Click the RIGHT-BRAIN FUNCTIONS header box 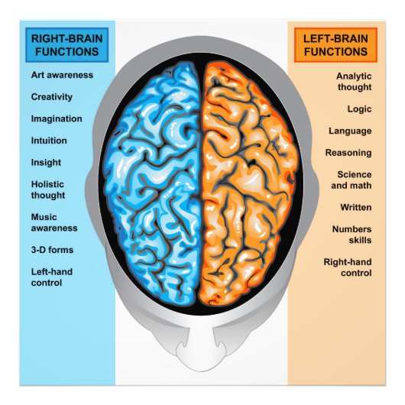coord(66,44)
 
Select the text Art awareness coord(62,75)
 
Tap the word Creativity coord(52,97)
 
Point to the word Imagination coord(57,119)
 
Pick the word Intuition coord(49,141)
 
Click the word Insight coord(46,163)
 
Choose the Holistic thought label coord(48,190)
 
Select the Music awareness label coord(54,222)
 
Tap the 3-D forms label coord(52,249)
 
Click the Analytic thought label coord(354,82)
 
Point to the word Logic coord(359,109)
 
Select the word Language coord(350,131)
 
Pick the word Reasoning coord(348,153)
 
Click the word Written coord(356,207)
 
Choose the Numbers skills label coord(352,234)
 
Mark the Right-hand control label coord(348,267)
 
